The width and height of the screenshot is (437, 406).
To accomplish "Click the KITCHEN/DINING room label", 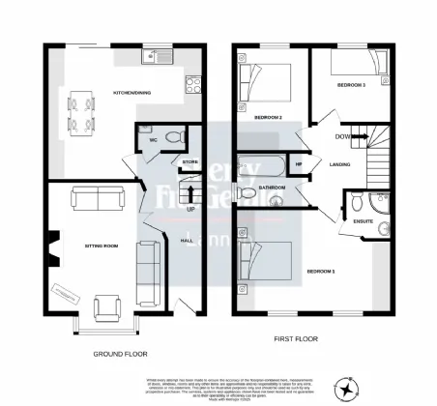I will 132,93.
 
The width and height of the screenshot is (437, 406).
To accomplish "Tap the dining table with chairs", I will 78,108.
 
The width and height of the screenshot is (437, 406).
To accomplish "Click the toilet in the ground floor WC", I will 171,139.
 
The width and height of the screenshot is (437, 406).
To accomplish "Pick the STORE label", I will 189,161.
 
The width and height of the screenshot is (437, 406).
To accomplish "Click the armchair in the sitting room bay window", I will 104,309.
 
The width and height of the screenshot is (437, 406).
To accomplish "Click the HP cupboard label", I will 299,164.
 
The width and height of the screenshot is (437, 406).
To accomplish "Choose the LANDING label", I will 339,163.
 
